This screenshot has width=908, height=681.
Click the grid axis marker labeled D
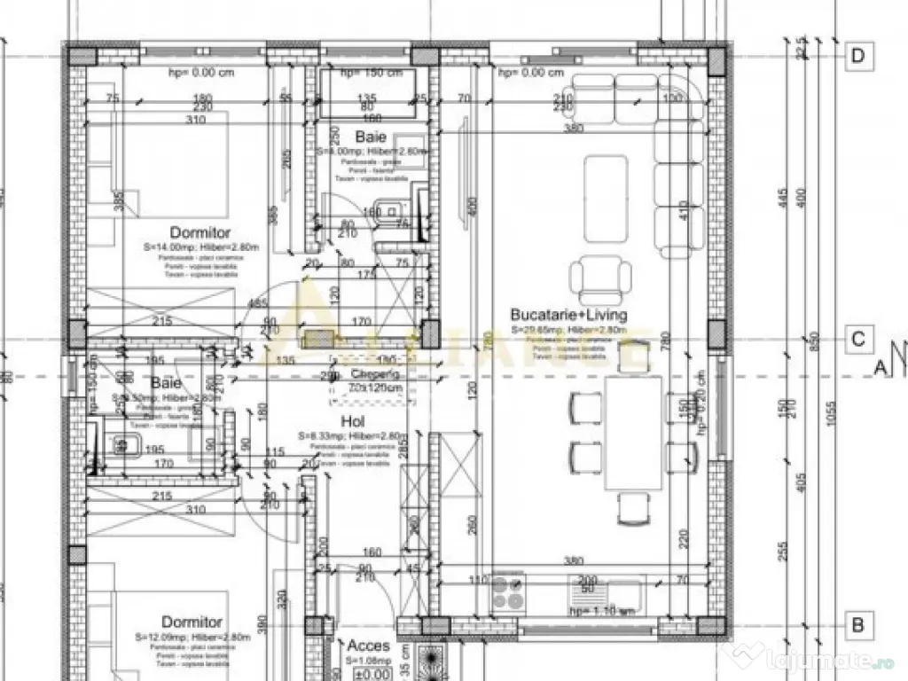pyautogui.click(x=857, y=56)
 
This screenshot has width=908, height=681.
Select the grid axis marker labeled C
pyautogui.click(x=857, y=340)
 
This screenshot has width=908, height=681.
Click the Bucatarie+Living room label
pyautogui.click(x=568, y=315)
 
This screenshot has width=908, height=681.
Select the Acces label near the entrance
pyautogui.click(x=368, y=646)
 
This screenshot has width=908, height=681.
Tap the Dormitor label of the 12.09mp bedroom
pyautogui.click(x=192, y=622)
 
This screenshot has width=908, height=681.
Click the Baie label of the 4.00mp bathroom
pyautogui.click(x=371, y=137)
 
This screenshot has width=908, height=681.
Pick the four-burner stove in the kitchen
pyautogui.click(x=509, y=592)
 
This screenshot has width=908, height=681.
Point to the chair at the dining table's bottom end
pyautogui.click(x=632, y=507)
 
